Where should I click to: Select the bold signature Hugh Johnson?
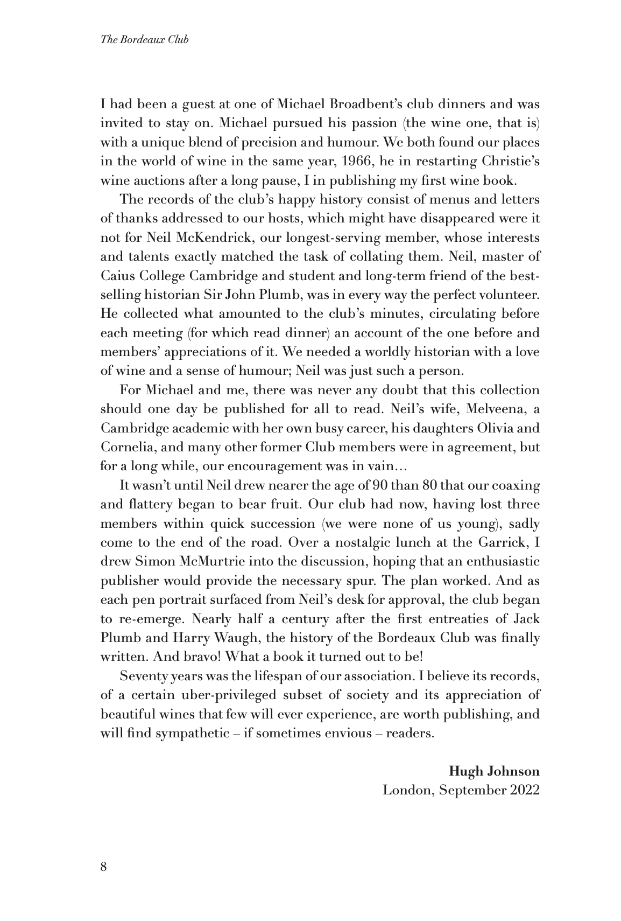tap(494, 771)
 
